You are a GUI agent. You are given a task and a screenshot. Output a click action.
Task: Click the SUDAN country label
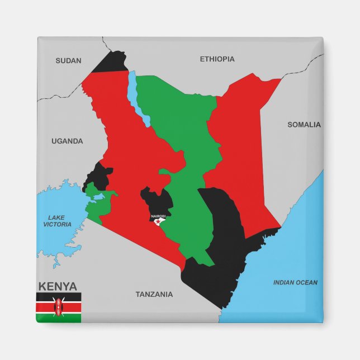(68, 61)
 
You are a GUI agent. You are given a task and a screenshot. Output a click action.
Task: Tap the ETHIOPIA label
(217, 59)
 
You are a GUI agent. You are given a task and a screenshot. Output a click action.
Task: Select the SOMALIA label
(304, 125)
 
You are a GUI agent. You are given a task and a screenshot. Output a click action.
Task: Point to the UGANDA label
(67, 141)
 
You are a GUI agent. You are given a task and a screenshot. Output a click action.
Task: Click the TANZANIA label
(154, 294)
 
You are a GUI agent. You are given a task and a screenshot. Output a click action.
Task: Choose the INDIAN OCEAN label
(295, 282)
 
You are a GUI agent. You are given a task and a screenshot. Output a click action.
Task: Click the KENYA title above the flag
(58, 286)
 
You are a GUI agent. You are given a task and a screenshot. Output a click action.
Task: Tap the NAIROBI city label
(158, 216)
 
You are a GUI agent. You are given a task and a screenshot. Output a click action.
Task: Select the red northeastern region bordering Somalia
(240, 140)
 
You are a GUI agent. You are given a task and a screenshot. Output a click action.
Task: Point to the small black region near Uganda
(101, 174)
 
